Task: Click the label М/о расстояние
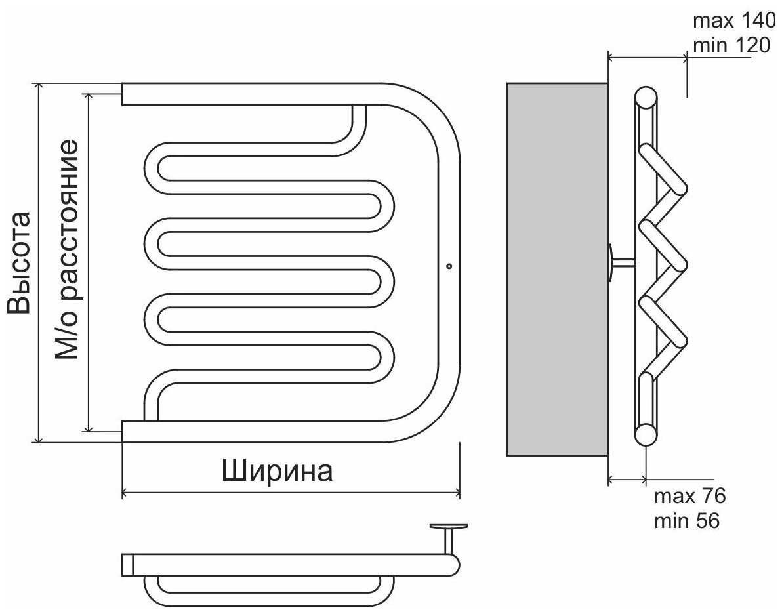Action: pos(67,249)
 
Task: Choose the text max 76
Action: pos(689,495)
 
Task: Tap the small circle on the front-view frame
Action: pos(449,266)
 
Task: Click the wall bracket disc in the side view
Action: pos(610,263)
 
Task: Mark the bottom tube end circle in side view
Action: pos(646,434)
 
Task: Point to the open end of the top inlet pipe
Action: pos(123,93)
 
